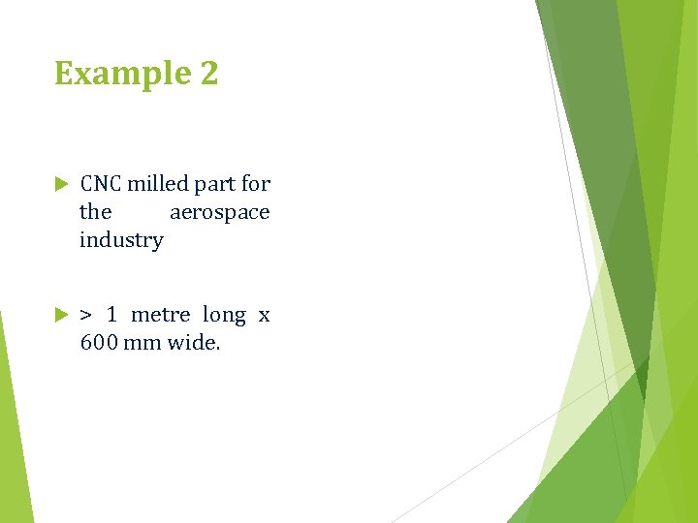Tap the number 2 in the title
(207, 74)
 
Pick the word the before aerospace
(95, 212)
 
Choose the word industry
(121, 240)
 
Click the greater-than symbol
(86, 315)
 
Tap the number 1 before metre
(112, 315)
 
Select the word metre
(160, 315)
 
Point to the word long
(224, 316)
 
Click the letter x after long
(264, 316)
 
